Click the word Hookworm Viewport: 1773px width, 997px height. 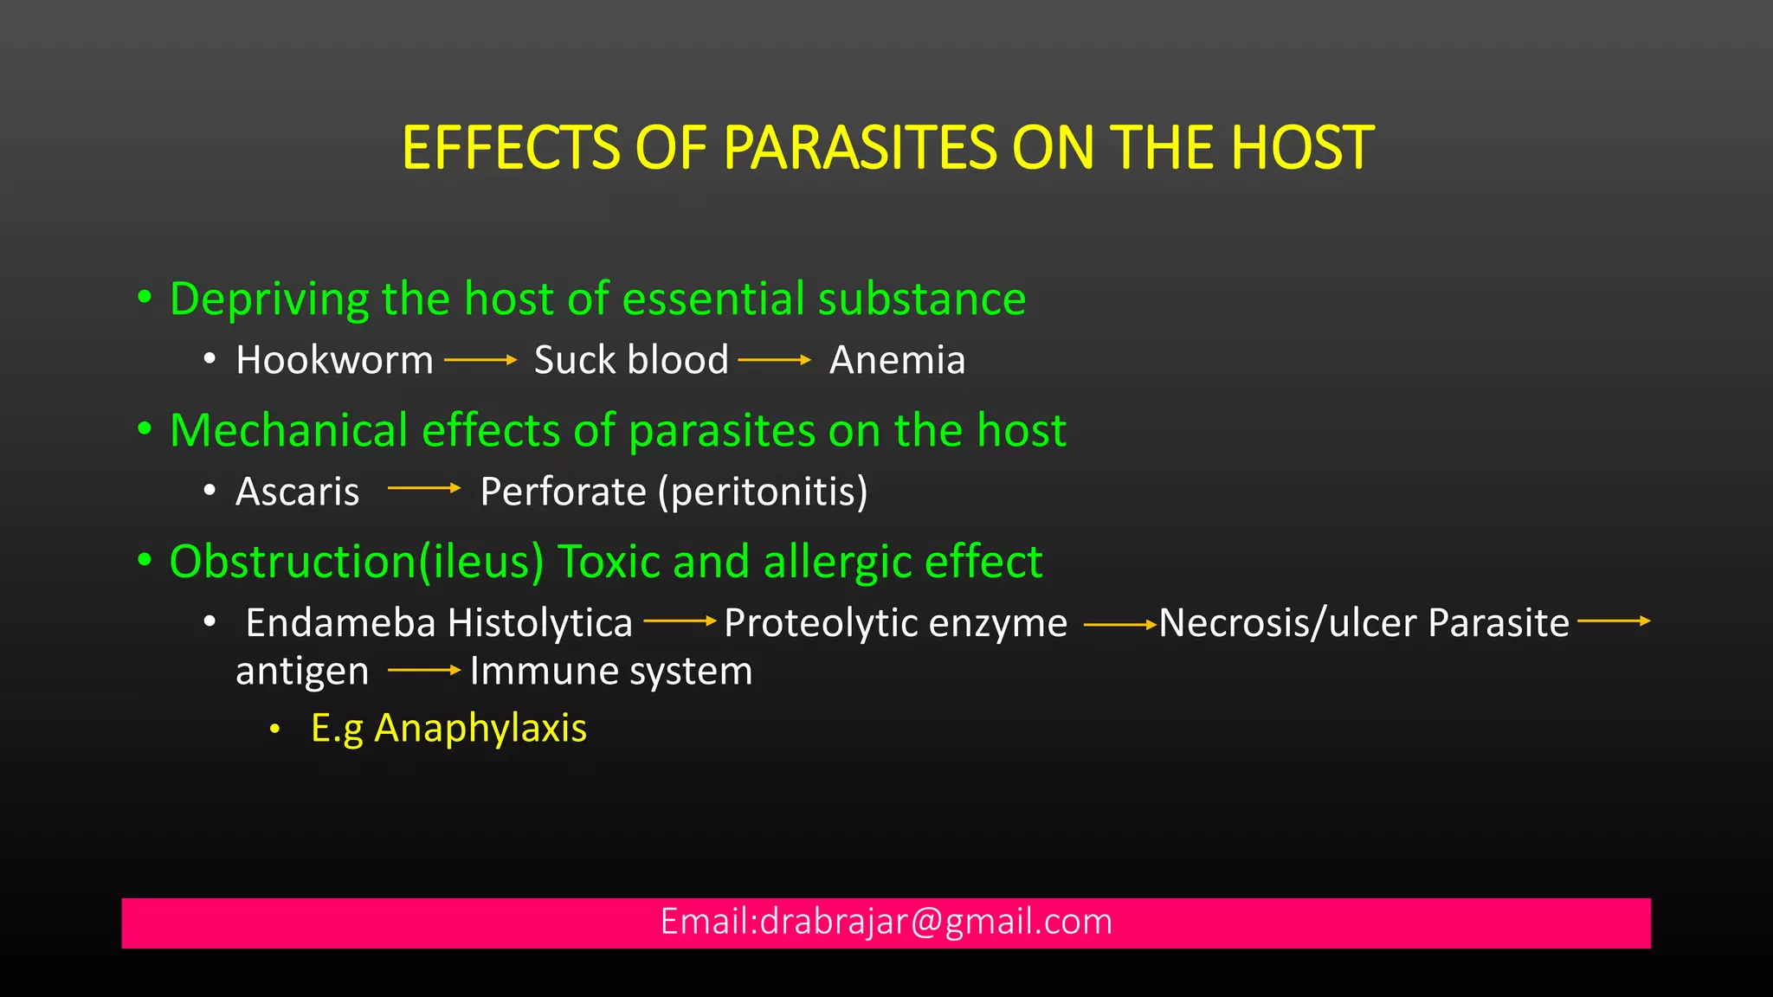(x=334, y=360)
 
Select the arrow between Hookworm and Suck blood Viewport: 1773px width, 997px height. (x=480, y=360)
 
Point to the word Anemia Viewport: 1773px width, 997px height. (x=897, y=360)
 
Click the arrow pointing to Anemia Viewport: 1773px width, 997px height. (x=774, y=360)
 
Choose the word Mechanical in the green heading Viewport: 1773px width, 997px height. (x=288, y=430)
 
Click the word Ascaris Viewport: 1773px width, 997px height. (x=297, y=492)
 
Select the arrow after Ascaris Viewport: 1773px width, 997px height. (x=423, y=489)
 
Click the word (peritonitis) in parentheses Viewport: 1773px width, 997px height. (x=763, y=492)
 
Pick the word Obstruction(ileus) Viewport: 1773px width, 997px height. (x=357, y=562)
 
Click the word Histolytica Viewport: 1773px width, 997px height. (x=540, y=623)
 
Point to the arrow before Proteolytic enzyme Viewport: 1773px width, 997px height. (x=680, y=621)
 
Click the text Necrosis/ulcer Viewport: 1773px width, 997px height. (x=1288, y=623)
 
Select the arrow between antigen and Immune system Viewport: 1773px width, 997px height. (x=423, y=670)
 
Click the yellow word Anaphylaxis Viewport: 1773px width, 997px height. (x=480, y=728)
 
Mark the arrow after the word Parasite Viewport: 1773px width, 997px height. (x=1613, y=621)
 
